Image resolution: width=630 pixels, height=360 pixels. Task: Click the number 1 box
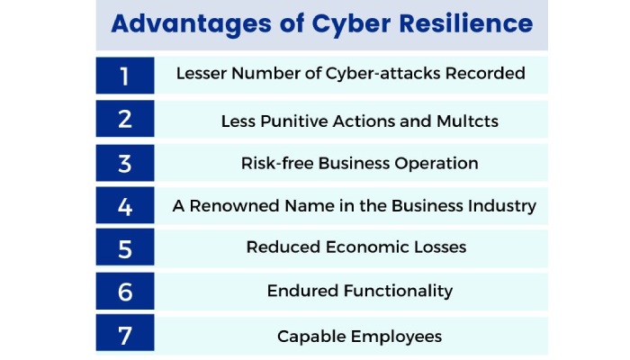(125, 76)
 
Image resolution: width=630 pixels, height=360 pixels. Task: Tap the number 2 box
(125, 119)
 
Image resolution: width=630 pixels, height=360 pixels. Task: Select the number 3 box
(125, 163)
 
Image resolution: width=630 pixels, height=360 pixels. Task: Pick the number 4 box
(125, 206)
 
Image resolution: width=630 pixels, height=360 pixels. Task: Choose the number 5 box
(125, 249)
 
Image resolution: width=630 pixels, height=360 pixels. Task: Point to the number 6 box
(125, 292)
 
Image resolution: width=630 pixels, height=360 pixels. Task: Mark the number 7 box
(125, 336)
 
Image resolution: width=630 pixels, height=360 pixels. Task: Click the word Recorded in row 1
(485, 74)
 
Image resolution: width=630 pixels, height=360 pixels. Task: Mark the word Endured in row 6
(302, 291)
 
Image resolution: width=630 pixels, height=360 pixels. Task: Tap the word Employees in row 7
(396, 337)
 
